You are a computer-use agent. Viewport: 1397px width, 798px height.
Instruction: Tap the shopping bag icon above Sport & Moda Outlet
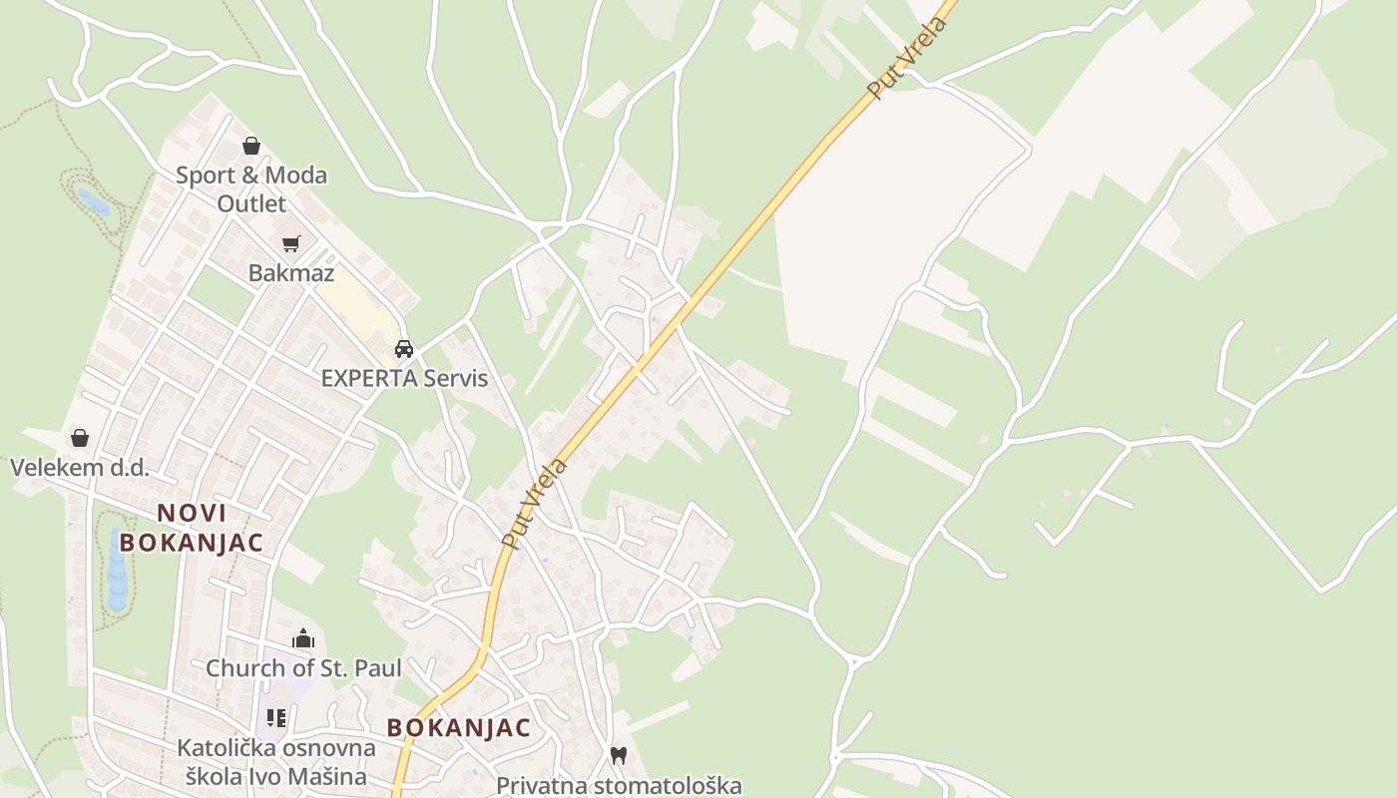pyautogui.click(x=251, y=146)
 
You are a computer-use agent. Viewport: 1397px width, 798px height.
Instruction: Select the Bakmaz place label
pyautogui.click(x=291, y=272)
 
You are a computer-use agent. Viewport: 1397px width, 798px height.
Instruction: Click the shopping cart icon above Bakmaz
pyautogui.click(x=291, y=243)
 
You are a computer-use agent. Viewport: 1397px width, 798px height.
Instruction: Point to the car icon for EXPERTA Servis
pyautogui.click(x=404, y=348)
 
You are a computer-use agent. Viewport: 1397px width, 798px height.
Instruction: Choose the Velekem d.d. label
pyautogui.click(x=79, y=467)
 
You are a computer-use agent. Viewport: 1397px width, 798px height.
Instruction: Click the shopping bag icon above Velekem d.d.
pyautogui.click(x=79, y=438)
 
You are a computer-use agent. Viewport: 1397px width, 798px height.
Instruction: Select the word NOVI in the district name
pyautogui.click(x=192, y=513)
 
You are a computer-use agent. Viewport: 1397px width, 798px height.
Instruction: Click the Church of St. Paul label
pyautogui.click(x=303, y=667)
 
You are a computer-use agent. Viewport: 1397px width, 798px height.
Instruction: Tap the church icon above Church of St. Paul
pyautogui.click(x=303, y=638)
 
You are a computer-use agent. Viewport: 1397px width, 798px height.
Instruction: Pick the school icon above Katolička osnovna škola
pyautogui.click(x=276, y=718)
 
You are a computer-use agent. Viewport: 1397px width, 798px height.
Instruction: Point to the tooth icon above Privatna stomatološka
pyautogui.click(x=619, y=756)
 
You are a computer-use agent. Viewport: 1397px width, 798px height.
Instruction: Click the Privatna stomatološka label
pyautogui.click(x=619, y=785)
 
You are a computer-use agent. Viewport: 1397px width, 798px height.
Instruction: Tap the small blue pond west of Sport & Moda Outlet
pyautogui.click(x=94, y=202)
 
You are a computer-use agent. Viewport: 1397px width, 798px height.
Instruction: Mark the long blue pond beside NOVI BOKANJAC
pyautogui.click(x=118, y=574)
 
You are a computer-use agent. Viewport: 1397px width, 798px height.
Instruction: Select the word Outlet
pyautogui.click(x=251, y=204)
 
